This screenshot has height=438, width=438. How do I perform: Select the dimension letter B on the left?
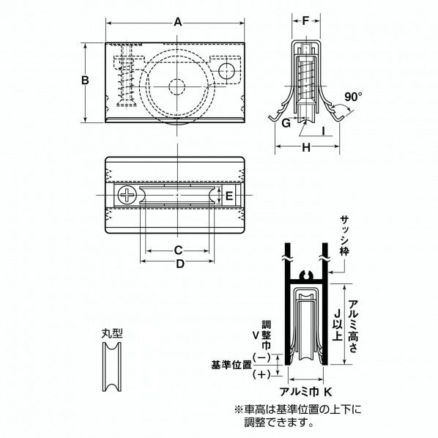(86, 81)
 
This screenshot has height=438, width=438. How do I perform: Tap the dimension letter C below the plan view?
(177, 250)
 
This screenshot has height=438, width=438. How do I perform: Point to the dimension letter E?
(229, 196)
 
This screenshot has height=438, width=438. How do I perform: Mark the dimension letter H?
(306, 149)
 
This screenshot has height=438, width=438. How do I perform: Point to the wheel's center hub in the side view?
(177, 85)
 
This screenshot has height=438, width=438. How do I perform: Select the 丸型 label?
(111, 332)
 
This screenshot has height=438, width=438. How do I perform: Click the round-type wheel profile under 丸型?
(111, 368)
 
